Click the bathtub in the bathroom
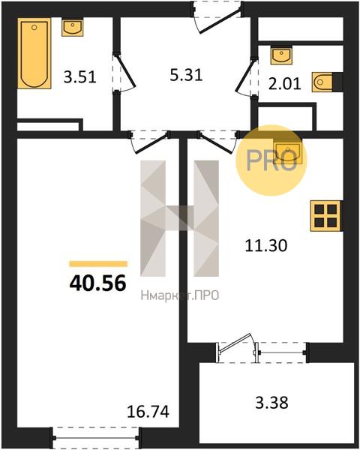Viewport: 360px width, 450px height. [34, 53]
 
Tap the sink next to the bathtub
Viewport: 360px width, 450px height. [72, 27]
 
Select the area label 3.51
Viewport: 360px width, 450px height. [79, 77]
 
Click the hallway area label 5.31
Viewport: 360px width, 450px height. [186, 75]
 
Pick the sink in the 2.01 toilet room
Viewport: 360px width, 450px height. [281, 55]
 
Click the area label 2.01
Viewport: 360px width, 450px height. [284, 84]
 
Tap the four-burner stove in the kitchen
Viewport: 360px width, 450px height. [326, 216]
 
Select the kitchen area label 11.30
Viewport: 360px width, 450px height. [266, 246]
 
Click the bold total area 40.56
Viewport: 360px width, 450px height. [98, 283]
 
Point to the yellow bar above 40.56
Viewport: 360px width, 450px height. [98, 264]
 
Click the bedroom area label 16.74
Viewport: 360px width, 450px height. [148, 412]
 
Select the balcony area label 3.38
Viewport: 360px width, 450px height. [271, 402]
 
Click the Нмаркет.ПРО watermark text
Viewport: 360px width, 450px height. [180, 295]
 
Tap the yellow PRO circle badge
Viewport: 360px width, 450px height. [271, 160]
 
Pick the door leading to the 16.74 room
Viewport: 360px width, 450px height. [148, 142]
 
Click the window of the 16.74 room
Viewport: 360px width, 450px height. [95, 438]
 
